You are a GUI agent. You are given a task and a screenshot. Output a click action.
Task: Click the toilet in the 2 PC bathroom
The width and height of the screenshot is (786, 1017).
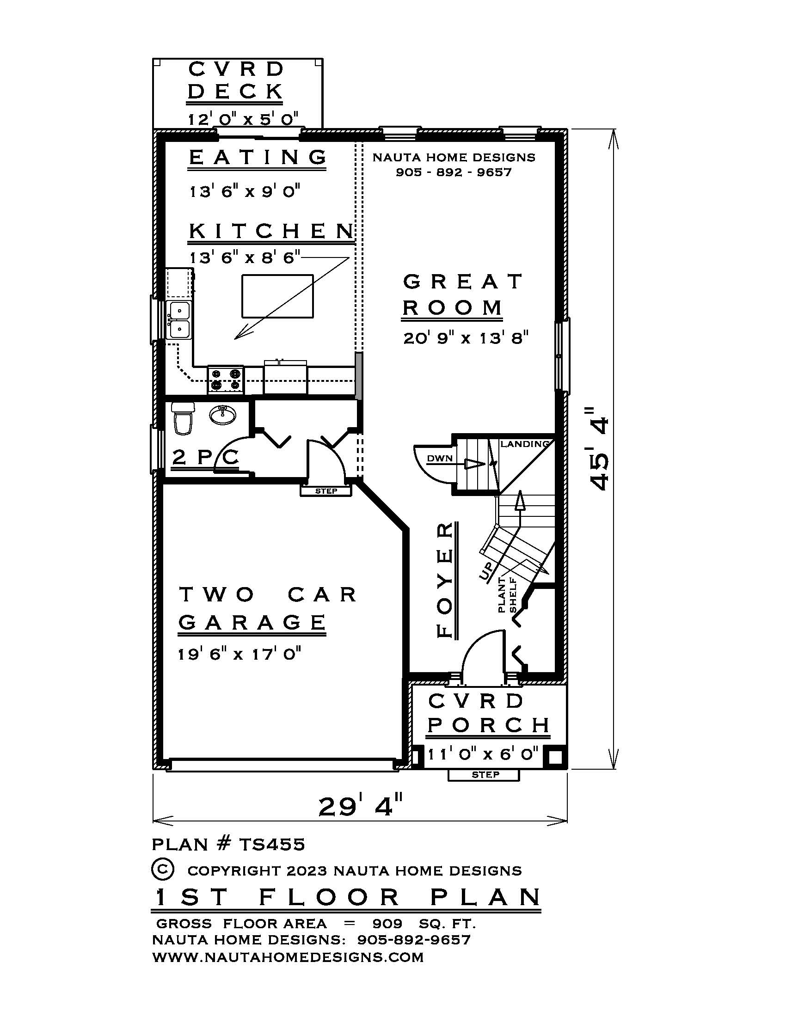pyautogui.click(x=182, y=419)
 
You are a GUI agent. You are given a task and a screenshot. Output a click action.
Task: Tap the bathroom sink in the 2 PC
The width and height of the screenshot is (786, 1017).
pyautogui.click(x=222, y=414)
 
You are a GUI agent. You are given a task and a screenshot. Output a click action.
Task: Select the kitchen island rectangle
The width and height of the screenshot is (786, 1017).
pyautogui.click(x=277, y=296)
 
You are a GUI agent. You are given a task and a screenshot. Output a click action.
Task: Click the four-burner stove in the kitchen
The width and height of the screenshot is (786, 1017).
pyautogui.click(x=225, y=379)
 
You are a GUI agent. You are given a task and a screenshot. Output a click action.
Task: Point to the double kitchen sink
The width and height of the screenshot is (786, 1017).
pyautogui.click(x=179, y=319)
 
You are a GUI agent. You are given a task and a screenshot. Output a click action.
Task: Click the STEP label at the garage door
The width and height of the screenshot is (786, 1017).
pyautogui.click(x=326, y=491)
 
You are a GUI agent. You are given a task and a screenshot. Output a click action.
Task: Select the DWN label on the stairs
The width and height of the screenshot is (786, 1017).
pyautogui.click(x=440, y=458)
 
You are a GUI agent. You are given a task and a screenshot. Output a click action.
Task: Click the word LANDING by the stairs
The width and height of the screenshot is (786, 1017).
pyautogui.click(x=524, y=444)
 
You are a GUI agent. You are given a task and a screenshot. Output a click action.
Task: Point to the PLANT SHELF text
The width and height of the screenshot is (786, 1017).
pyautogui.click(x=508, y=594)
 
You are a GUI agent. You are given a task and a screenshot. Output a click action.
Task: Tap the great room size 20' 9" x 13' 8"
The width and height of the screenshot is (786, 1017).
pyautogui.click(x=466, y=337)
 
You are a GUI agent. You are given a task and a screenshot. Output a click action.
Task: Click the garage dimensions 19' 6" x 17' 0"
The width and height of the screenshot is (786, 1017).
pyautogui.click(x=239, y=654)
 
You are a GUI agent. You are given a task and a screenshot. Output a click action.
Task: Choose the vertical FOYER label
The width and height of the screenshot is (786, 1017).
pyautogui.click(x=446, y=580)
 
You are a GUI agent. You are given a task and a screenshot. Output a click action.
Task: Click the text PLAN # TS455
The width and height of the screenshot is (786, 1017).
pyautogui.click(x=228, y=844)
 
